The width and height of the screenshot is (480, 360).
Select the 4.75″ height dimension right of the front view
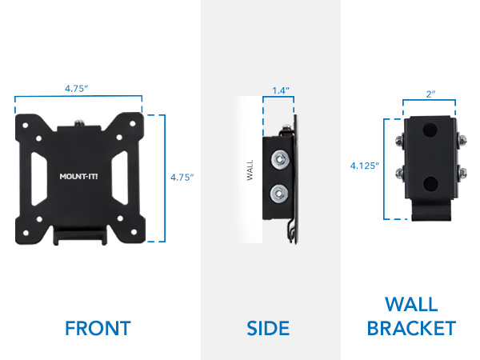pyautogui.click(x=182, y=178)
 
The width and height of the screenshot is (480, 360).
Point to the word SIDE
pyautogui.click(x=270, y=328)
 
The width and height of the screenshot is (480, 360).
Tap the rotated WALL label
pyautogui.click(x=250, y=174)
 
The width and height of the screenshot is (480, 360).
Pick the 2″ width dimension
pyautogui.click(x=429, y=94)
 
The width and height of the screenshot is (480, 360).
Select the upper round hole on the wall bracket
pyautogui.click(x=430, y=129)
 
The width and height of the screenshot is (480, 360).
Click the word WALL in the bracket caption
pyautogui.click(x=411, y=305)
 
